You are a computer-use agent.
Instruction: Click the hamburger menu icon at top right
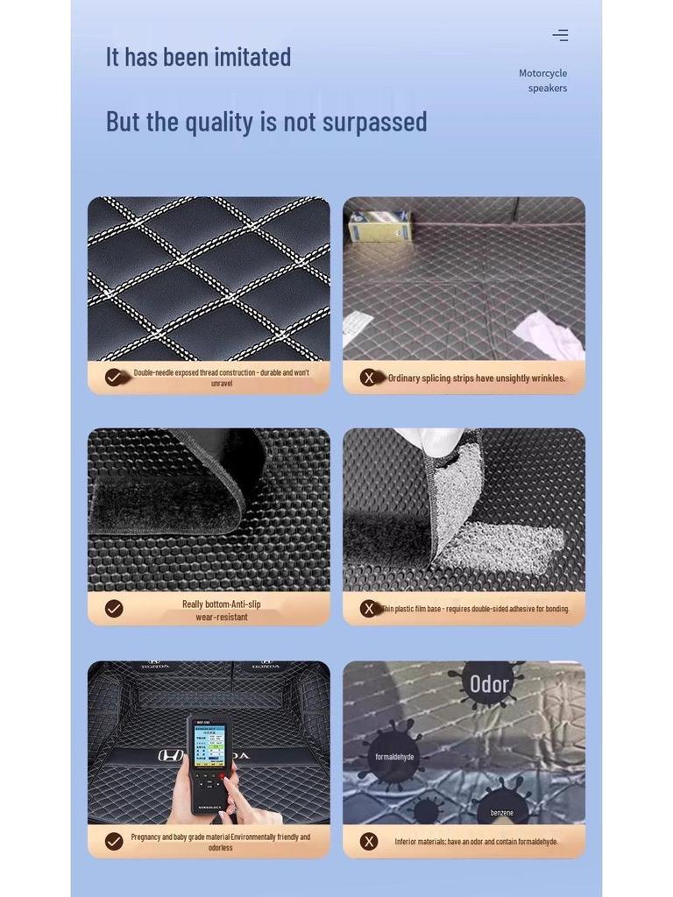[x=560, y=35]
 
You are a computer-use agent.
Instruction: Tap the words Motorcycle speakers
[x=543, y=81]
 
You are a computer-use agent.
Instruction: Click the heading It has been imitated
[x=198, y=57]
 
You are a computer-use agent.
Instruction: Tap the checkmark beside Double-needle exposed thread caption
[x=114, y=378]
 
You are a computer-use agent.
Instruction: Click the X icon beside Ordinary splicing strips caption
[x=369, y=378]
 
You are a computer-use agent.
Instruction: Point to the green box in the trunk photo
[x=379, y=226]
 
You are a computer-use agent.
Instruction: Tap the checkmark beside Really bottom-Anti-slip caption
[x=114, y=609]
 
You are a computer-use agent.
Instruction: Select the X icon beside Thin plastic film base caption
[x=369, y=609]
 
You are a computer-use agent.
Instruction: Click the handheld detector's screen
[x=209, y=745]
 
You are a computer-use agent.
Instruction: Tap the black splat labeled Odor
[x=488, y=683]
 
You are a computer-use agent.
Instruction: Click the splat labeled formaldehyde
[x=394, y=757]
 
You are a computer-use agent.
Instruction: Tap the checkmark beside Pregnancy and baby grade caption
[x=114, y=841]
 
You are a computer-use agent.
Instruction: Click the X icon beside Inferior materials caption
[x=369, y=841]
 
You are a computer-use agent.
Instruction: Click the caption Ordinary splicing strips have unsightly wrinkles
[x=477, y=378]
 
